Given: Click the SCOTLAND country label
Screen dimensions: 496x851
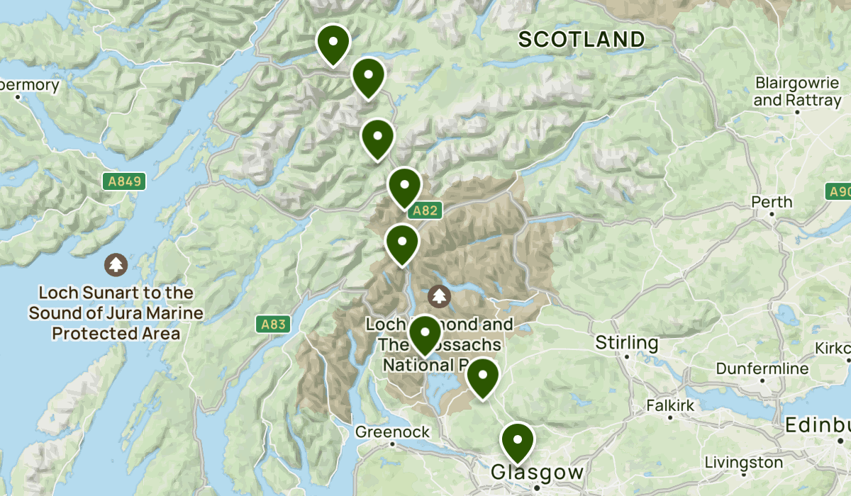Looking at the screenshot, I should click(x=582, y=39).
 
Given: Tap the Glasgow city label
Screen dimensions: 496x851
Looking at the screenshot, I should click(x=537, y=473).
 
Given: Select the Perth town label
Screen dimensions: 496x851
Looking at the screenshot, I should click(x=772, y=202).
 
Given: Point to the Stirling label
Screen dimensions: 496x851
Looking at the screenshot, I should click(x=626, y=344).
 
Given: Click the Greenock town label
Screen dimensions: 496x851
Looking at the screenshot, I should click(x=392, y=432).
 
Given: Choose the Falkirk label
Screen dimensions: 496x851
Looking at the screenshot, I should click(x=669, y=406).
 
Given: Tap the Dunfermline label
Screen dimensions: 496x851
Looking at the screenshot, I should click(x=762, y=368).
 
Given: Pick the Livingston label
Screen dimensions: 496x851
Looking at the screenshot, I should click(x=744, y=463).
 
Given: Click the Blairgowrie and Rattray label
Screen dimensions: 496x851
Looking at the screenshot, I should click(x=796, y=91).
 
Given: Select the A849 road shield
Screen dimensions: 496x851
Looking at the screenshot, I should click(x=125, y=182).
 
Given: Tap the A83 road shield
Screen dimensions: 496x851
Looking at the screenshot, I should click(x=273, y=325).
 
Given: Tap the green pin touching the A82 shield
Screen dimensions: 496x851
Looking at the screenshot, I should click(x=405, y=186).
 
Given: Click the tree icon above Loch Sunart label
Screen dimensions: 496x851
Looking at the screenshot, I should click(x=115, y=265).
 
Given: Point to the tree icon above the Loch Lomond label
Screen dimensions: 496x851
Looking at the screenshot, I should click(x=440, y=295).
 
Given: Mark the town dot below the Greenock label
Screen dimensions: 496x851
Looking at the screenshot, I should click(x=392, y=444).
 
